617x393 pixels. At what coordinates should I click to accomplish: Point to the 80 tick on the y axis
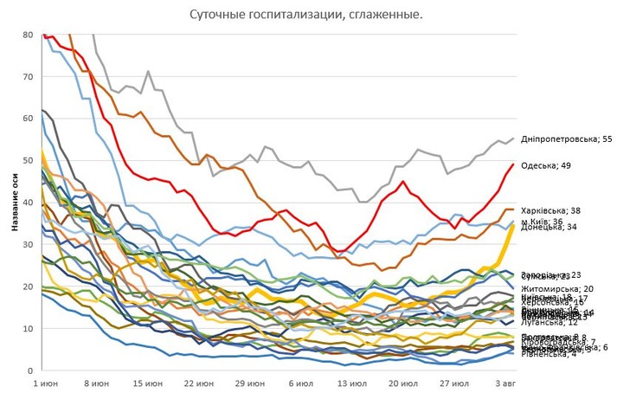point(27,35)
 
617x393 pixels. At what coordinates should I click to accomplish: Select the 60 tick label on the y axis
point(27,119)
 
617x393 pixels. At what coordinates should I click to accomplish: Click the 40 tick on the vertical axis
point(27,203)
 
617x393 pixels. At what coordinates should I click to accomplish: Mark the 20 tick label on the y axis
point(27,287)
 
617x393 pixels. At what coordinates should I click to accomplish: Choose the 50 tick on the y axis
point(27,161)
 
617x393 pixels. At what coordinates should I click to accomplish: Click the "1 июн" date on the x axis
point(47,382)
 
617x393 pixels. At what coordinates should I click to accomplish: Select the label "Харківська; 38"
point(550,210)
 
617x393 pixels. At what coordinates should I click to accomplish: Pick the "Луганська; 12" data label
point(550,322)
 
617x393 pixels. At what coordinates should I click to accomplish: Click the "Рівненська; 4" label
point(548,353)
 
